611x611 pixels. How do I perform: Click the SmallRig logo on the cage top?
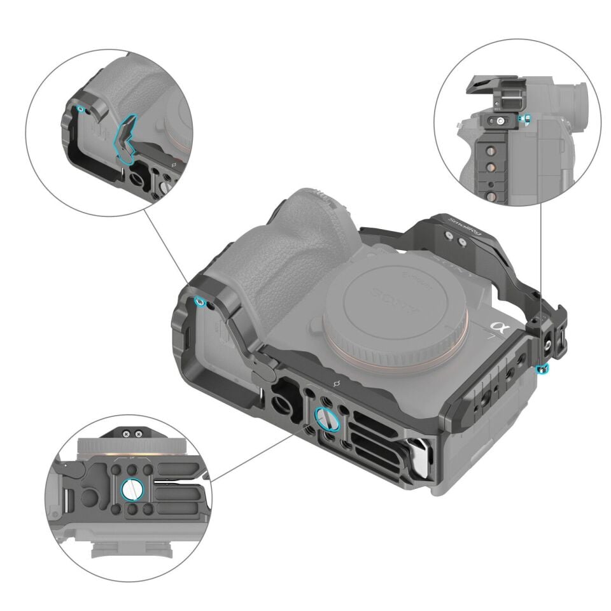(463, 231)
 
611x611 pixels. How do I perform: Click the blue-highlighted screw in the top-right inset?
(524, 119)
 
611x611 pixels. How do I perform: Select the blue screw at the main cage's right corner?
(541, 369)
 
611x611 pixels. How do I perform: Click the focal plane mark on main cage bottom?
(337, 384)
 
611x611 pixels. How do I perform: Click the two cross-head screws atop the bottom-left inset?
(132, 433)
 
